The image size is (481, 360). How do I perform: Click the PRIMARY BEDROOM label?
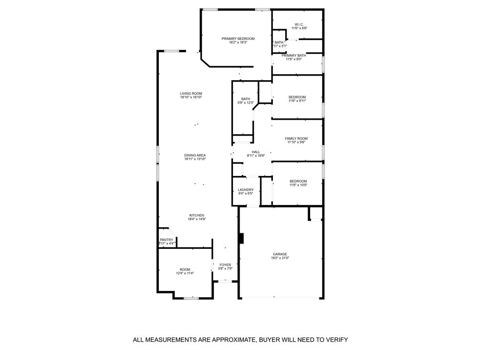[x=238, y=38]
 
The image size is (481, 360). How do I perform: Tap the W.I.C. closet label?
[x=299, y=24]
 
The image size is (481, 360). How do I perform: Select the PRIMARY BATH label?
[x=297, y=55]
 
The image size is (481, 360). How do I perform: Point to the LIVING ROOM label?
[x=191, y=93]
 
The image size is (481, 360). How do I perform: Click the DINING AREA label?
[x=194, y=155]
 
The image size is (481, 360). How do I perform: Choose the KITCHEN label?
[x=196, y=215]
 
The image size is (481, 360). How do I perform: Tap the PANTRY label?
[x=166, y=240]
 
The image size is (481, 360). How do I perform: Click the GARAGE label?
[x=280, y=254]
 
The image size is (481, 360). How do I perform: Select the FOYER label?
[x=225, y=265]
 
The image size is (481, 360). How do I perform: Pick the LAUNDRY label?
[x=246, y=190]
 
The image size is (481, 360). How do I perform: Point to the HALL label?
[x=256, y=152]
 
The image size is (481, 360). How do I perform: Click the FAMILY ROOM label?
[x=296, y=138]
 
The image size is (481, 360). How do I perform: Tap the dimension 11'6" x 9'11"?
[x=297, y=101]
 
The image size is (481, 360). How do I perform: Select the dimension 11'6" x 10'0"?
[x=298, y=185]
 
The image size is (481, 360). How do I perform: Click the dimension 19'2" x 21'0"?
[x=280, y=258]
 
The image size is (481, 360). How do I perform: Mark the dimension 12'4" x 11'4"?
[x=185, y=273]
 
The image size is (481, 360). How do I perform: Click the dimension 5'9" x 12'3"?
[x=246, y=103]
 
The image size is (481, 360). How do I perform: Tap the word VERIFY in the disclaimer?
[x=336, y=340]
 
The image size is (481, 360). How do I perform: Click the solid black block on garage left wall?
[x=241, y=238]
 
